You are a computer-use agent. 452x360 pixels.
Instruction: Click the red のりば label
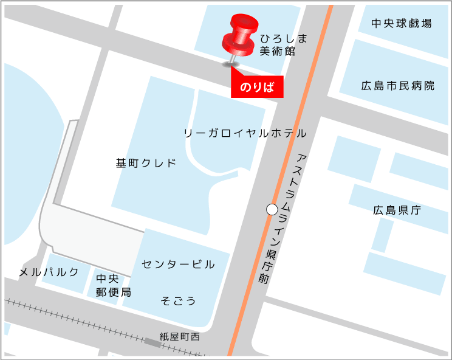coord(257,87)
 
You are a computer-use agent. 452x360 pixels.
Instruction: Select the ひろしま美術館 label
coord(279,45)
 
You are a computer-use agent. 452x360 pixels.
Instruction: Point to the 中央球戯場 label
coord(402,24)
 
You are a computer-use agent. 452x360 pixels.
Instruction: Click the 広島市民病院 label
coord(398,86)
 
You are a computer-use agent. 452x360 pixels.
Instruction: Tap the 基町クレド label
coord(146,163)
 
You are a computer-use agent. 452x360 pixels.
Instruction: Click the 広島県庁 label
coord(397,211)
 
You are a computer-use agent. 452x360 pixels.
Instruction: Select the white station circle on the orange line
coord(272,209)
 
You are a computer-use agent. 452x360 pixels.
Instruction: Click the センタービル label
coord(178,265)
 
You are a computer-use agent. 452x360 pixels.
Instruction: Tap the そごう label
coord(178,300)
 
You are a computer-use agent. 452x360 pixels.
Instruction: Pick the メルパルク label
coord(49,272)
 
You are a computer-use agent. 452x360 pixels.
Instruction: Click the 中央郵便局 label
coord(113,285)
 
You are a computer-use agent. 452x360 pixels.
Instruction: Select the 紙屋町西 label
coord(179,336)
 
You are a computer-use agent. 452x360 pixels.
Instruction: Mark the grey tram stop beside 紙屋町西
coord(152,344)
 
